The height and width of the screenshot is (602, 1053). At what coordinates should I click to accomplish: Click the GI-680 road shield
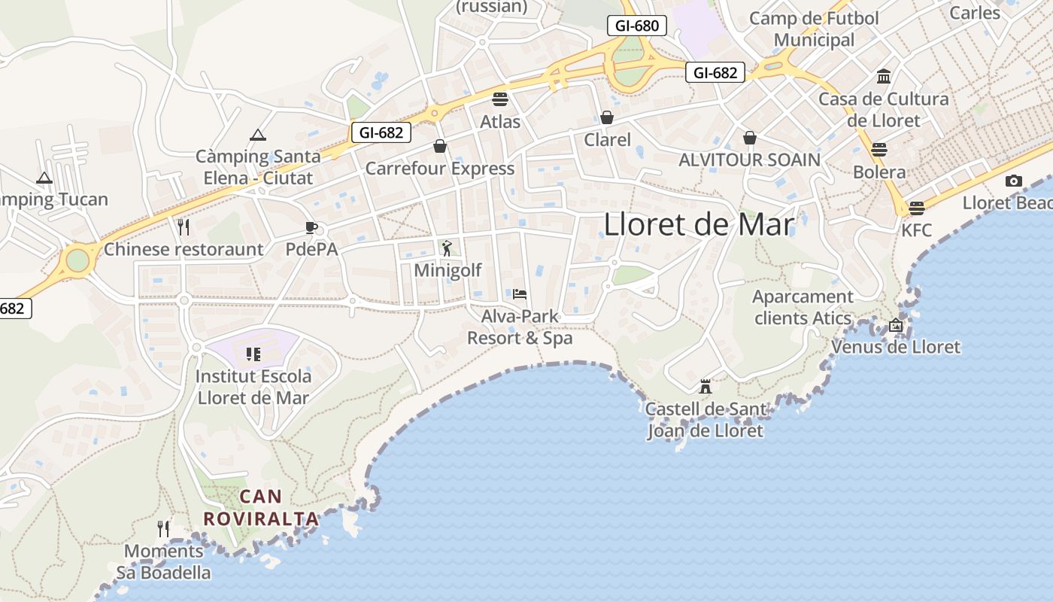coord(637,26)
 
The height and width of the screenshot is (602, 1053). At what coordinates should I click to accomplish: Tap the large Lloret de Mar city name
coord(699,225)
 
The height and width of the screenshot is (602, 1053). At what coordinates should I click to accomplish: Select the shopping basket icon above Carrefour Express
coord(440,146)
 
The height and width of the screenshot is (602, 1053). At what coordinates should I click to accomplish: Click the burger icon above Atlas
coord(500,99)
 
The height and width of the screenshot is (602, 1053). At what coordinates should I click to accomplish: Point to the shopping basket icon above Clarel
coord(607,117)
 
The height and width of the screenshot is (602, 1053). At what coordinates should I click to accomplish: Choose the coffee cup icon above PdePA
coord(311,227)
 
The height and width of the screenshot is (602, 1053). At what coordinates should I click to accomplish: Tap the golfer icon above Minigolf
coord(448,248)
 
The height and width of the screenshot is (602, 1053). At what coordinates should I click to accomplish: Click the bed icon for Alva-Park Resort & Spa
coord(520,293)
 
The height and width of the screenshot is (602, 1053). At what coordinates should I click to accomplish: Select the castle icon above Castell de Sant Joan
coord(706,387)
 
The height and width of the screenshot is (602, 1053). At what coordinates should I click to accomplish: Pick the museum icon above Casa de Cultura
coord(884,77)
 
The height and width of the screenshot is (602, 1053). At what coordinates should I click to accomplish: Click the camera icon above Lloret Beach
coord(1014,181)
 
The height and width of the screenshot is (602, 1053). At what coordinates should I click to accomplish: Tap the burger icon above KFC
coord(916,208)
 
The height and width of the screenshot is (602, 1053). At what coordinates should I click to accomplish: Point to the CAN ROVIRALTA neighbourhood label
coord(261,508)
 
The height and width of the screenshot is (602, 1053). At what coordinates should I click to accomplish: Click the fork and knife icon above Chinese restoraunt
coord(184,227)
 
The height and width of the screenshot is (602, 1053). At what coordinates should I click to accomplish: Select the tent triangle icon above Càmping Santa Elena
coord(258,135)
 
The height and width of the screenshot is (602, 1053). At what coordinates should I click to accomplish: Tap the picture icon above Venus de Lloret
coord(895,325)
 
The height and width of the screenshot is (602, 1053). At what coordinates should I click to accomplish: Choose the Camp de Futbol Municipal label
coord(814,29)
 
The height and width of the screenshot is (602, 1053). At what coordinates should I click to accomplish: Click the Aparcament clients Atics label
coord(803,307)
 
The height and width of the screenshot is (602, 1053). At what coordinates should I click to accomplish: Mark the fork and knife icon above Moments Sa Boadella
coord(163,529)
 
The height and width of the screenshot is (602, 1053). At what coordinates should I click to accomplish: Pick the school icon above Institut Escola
coord(253,354)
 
